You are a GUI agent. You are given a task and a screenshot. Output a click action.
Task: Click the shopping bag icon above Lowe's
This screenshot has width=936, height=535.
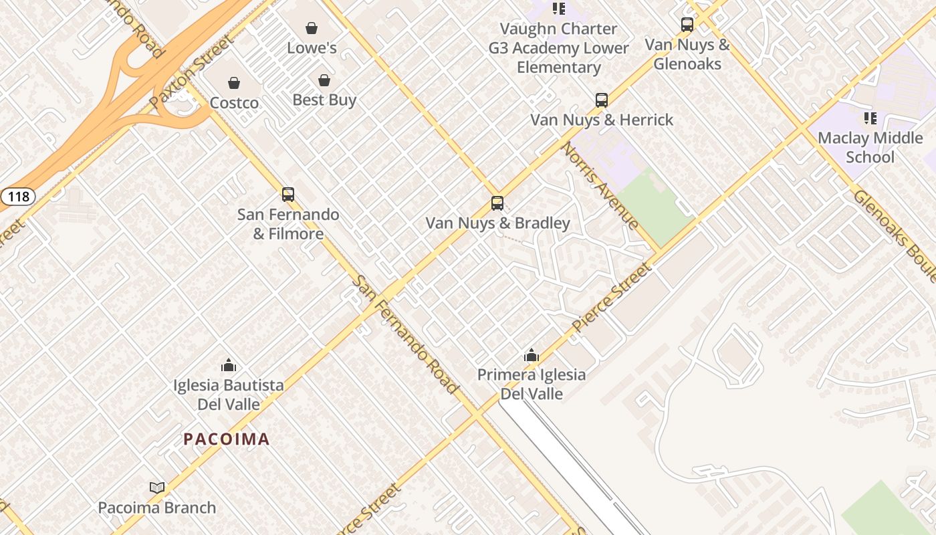point(312,28)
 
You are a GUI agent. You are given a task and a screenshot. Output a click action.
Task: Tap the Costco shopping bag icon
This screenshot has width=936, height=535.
point(234,83)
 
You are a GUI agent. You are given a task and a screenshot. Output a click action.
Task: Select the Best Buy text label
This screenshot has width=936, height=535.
point(324,100)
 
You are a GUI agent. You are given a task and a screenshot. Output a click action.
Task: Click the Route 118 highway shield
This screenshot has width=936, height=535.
point(17,197)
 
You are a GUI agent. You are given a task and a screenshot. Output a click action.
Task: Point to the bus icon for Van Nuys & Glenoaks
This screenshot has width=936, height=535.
point(687,25)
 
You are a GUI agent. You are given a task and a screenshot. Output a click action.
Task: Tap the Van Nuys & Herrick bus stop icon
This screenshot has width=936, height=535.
point(602,100)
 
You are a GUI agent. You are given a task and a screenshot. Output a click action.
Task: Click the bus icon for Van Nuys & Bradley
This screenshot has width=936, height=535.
point(497,203)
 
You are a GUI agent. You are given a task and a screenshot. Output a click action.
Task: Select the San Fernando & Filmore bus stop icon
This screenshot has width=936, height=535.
point(288,195)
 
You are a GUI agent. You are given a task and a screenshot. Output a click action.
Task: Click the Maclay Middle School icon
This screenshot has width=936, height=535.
point(870,118)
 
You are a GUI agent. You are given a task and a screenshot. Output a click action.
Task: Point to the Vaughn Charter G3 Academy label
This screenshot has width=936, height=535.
point(559,48)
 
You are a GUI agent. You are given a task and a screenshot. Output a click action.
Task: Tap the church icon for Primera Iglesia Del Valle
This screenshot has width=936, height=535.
point(532,355)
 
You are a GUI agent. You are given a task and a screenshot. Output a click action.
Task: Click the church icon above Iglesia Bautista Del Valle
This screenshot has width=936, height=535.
point(229,365)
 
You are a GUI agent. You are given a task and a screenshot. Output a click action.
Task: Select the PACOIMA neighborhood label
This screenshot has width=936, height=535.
point(227,439)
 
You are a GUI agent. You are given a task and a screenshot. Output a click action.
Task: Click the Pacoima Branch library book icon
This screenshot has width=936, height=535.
point(157,488)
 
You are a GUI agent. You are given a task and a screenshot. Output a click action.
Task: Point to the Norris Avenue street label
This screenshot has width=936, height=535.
point(600,186)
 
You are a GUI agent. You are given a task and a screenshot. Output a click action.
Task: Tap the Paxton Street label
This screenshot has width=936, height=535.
point(192,72)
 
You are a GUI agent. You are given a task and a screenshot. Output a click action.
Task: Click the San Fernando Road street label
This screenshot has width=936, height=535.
point(406,334)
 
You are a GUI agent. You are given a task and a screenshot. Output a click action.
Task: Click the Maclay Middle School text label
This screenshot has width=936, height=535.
point(870,148)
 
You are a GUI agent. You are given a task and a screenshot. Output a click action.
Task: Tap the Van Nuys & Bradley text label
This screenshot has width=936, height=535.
point(497,223)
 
